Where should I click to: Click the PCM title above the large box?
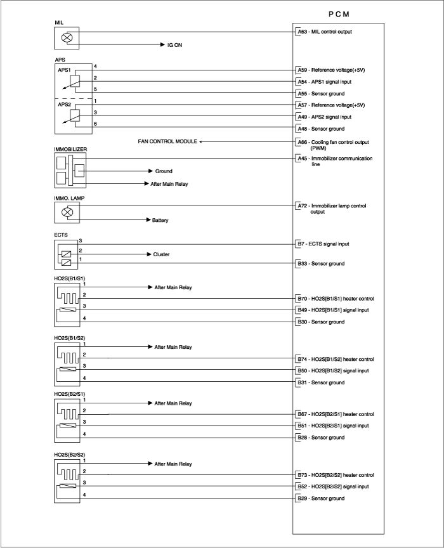point(339,14)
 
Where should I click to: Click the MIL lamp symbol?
point(67,38)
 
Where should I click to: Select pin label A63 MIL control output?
point(325,32)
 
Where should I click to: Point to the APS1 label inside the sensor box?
point(64,70)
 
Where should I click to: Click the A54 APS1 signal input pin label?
point(324,82)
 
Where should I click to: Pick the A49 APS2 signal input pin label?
point(324,117)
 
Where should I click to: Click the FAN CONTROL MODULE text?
point(167,141)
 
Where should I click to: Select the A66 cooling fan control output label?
point(333,145)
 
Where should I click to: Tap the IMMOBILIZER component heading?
point(70,149)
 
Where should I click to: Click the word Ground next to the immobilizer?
point(164,171)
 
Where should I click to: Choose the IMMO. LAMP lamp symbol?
point(67,212)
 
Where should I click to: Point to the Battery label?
point(160,220)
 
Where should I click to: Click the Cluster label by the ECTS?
point(161,254)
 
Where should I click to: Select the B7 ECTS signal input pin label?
point(323,244)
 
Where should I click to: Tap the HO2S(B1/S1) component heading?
point(69,278)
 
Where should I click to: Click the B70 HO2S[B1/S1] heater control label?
point(336,299)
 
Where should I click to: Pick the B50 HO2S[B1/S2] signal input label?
point(333,370)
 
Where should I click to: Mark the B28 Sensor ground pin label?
point(321,437)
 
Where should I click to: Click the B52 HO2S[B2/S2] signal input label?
point(333,486)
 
